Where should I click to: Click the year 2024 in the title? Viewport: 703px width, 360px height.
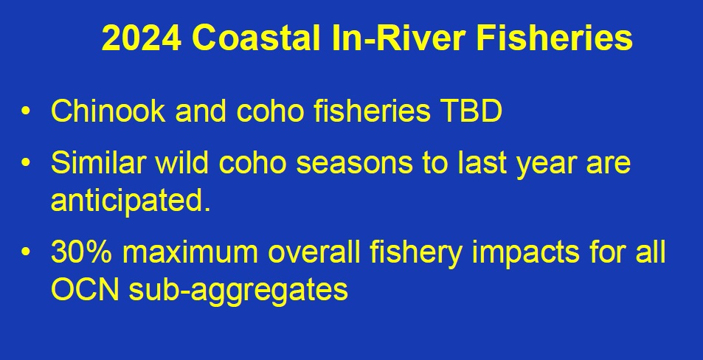click(142, 38)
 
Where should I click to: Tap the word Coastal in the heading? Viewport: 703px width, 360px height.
click(256, 38)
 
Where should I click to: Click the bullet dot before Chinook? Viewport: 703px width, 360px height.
click(26, 111)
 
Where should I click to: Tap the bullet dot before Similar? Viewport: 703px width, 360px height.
click(26, 162)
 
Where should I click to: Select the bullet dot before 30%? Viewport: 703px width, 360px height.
click(26, 252)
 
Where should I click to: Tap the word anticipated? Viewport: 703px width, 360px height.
click(131, 201)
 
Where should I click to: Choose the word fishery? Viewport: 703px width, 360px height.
click(415, 254)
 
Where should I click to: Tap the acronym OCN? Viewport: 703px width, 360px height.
click(85, 290)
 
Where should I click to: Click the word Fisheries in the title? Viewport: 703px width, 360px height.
click(554, 38)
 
